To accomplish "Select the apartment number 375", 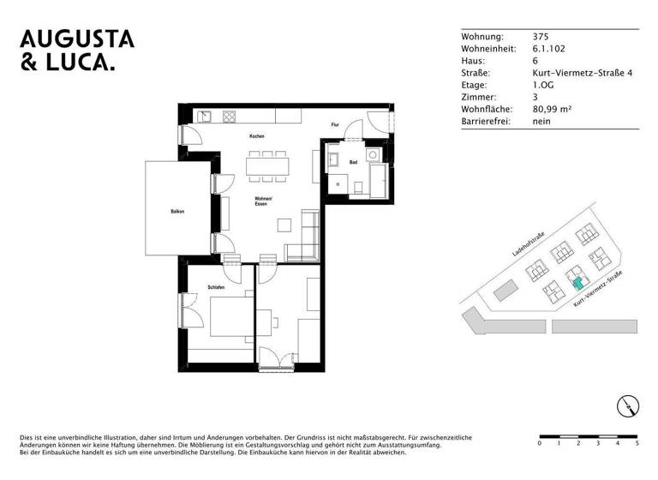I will point(541,37).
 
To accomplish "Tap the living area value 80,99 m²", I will point(553,109).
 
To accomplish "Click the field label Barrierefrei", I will point(485,122).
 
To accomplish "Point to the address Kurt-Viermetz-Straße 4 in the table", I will point(582,73).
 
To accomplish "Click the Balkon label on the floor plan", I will point(177,211).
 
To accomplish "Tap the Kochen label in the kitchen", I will point(256,136).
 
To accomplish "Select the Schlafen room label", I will point(216,287).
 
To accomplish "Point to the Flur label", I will point(335,125).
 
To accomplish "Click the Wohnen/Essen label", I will point(263,202).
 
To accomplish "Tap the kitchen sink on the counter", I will point(206,117).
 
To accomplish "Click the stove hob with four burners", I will point(230,117).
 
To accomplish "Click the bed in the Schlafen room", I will point(221,319).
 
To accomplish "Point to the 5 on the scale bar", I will point(636,444).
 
